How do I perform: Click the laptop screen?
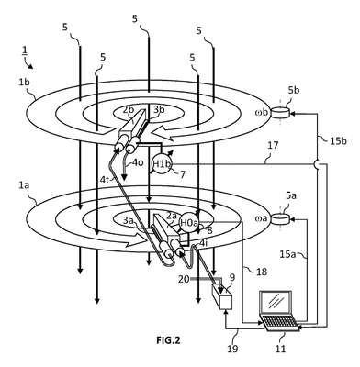tap(276, 303)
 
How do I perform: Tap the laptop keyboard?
tap(278, 322)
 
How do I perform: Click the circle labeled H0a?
tap(189, 222)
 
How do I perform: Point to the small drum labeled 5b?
tap(281, 112)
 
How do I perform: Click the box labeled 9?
tap(221, 295)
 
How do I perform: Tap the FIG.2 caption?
tap(168, 340)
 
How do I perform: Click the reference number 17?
tap(273, 145)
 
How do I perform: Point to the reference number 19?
tap(232, 349)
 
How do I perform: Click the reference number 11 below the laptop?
tap(279, 349)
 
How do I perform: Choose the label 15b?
tap(338, 141)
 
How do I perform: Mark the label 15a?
tap(287, 254)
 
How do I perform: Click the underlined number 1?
tap(24, 51)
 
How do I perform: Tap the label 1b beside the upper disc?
tap(25, 83)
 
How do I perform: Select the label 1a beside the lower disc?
tap(23, 185)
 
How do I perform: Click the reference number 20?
tap(185, 279)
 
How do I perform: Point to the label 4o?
tap(137, 162)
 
